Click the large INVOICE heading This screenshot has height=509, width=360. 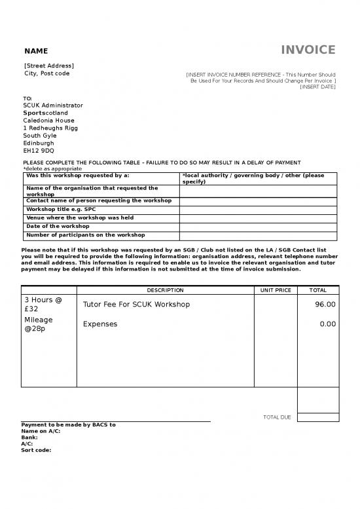point(308,50)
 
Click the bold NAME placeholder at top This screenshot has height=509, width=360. point(36,51)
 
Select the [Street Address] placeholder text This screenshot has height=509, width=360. point(49,66)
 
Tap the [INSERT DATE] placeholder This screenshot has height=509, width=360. point(317,86)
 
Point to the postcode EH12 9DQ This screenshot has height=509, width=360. point(39,151)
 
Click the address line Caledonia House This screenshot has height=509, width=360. point(48,121)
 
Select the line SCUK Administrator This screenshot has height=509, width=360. point(53,105)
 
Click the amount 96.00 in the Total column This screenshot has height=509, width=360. point(325,305)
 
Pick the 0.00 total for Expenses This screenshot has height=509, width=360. point(327,324)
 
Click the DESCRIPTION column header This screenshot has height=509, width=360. point(165,290)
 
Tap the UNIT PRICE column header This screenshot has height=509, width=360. point(276,290)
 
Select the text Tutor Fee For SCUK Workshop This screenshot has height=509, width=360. point(136,305)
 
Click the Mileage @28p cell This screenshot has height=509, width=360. point(39,324)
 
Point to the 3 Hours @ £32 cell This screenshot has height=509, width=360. point(43,305)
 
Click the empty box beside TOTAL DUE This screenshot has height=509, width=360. point(318,417)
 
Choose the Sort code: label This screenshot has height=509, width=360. point(36,450)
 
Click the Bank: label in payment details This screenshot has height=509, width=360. point(29,437)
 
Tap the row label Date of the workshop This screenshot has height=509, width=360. point(58,226)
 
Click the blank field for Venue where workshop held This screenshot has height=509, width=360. point(258,218)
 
